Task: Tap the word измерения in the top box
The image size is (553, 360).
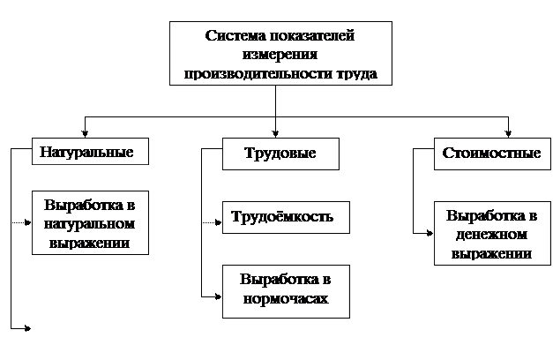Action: tap(280, 55)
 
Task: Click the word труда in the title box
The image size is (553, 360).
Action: tap(357, 74)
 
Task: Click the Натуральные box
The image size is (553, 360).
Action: tap(90, 151)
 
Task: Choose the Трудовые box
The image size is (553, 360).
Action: tap(280, 154)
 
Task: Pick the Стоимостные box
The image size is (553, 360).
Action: tap(492, 154)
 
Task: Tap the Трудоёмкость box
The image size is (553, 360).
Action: tap(286, 217)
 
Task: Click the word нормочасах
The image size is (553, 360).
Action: tap(286, 299)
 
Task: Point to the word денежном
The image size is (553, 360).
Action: tap(491, 235)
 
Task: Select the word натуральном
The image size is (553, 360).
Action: tap(89, 224)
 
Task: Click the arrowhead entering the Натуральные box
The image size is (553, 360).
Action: tap(85, 134)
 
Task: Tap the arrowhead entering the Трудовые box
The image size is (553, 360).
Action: tap(275, 134)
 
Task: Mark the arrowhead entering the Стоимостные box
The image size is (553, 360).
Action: tap(508, 134)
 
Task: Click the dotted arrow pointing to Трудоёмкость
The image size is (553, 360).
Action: tap(212, 222)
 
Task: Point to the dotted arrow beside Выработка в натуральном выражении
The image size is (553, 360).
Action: tap(21, 222)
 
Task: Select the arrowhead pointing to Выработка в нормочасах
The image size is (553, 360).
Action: tap(219, 296)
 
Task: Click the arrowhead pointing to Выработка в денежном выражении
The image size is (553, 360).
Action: tap(430, 233)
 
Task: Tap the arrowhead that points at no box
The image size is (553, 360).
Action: tap(28, 328)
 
